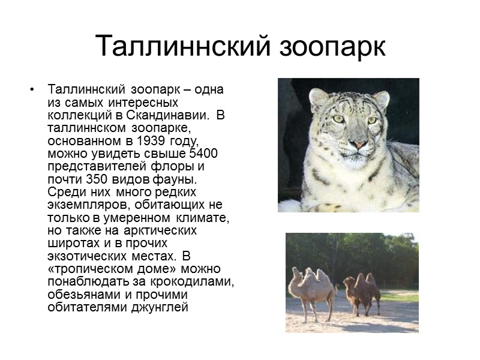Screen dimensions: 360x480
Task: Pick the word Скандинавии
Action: coord(169,116)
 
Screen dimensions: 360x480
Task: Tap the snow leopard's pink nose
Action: coord(358,145)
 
